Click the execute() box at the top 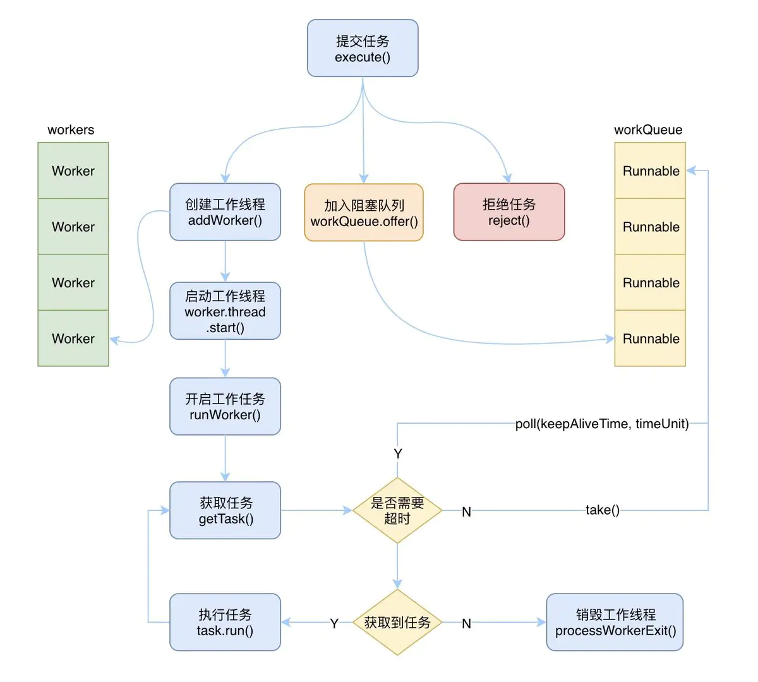click(x=363, y=49)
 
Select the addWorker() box click(x=225, y=212)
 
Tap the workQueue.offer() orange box click(x=364, y=213)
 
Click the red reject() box click(x=509, y=212)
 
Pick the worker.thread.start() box click(x=225, y=311)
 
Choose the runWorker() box click(x=225, y=407)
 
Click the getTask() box click(x=225, y=510)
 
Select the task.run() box click(x=225, y=622)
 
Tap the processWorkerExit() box click(x=615, y=622)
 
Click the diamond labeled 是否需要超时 click(x=397, y=510)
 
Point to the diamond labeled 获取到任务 click(x=397, y=622)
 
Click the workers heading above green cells click(x=71, y=129)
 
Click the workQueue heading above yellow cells click(x=648, y=129)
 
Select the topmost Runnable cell click(x=650, y=170)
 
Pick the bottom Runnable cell click(x=650, y=338)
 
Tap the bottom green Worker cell click(x=73, y=338)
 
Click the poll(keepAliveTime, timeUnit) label click(x=601, y=424)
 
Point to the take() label click(x=602, y=510)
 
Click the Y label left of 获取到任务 click(x=334, y=623)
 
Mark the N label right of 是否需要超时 click(x=466, y=512)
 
